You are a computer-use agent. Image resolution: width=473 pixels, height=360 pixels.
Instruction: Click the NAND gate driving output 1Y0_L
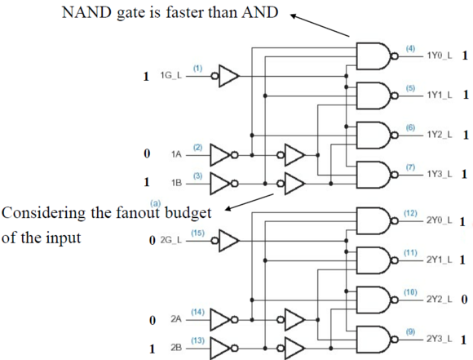377,56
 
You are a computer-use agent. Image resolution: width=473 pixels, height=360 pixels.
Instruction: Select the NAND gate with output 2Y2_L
377,300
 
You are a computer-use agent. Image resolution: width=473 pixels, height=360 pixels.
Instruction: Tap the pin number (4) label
410,48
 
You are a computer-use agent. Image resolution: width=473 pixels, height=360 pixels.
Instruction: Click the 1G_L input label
171,75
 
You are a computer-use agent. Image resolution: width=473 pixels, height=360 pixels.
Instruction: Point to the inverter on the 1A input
224,155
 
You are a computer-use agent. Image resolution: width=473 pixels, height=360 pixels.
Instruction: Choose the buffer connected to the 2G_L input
225,241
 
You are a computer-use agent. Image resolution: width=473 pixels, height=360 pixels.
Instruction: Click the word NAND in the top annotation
86,13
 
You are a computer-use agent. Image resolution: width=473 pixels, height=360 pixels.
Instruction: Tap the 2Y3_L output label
440,339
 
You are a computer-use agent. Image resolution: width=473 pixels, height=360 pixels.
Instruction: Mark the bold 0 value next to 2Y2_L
464,300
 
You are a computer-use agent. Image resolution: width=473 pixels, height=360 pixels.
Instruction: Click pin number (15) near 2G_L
197,233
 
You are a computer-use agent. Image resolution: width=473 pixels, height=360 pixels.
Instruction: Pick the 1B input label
176,183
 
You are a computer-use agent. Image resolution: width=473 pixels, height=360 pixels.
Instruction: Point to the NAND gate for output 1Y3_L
377,175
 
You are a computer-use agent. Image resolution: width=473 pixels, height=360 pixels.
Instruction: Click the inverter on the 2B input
224,349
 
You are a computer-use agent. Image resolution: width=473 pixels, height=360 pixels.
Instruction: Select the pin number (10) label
410,292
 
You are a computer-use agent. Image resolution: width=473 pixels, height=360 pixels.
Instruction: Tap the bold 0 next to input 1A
147,153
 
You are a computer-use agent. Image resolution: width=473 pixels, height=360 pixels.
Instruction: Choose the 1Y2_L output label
440,135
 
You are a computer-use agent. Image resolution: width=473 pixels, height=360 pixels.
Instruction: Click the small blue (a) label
156,203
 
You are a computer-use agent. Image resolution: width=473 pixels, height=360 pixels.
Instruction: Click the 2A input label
176,319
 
